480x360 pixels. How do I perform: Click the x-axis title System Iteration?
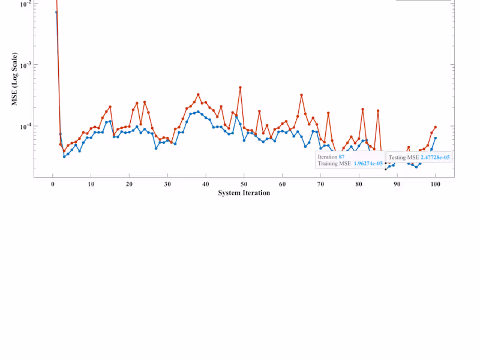pos(244,193)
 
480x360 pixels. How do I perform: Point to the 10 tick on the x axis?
pos(91,185)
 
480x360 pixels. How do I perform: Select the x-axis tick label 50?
pos(244,185)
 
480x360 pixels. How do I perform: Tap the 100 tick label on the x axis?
pos(436,185)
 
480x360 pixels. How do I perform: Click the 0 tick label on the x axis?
pos(53,185)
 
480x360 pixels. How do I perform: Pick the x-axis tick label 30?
pos(167,185)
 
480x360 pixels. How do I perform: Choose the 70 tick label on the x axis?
pos(320,185)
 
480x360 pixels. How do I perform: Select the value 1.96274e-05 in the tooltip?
pos(368,163)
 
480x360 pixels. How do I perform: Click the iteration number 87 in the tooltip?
pos(341,157)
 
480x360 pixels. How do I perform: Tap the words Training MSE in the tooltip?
pos(335,163)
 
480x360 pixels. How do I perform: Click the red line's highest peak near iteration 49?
pos(240,88)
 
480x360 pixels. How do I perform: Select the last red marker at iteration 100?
pos(435,127)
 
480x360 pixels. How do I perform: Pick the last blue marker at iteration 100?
pos(435,138)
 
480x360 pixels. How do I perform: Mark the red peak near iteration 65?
pos(301,95)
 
